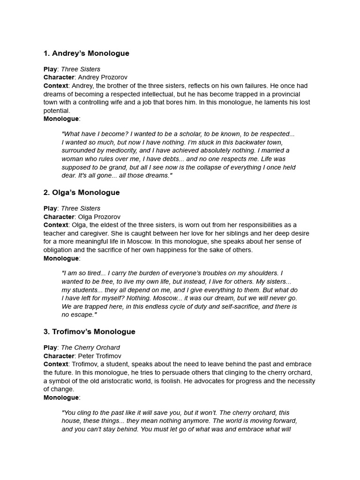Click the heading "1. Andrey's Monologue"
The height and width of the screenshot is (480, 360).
(x=86, y=53)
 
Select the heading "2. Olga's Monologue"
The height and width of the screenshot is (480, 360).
(x=82, y=193)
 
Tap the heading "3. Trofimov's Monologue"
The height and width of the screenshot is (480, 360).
(x=89, y=332)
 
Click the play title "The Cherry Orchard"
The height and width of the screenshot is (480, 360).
(x=90, y=348)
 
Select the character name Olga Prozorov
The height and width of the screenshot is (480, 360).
(x=99, y=217)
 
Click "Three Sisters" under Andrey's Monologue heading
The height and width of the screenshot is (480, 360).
(x=81, y=69)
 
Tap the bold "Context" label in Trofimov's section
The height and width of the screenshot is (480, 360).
(x=56, y=365)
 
